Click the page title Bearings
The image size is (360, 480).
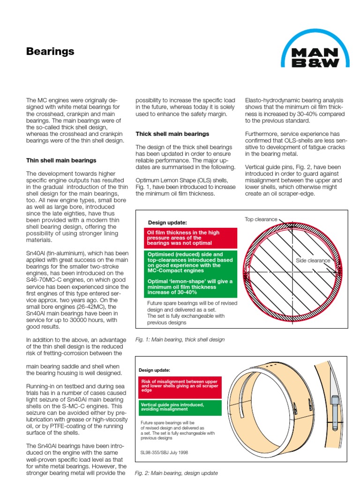(50, 52)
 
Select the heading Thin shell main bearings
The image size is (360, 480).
(61, 160)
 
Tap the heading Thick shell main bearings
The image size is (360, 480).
(172, 134)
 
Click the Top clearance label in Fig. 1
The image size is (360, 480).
(261, 219)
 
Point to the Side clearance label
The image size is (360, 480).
(313, 260)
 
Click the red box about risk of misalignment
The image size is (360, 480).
(179, 386)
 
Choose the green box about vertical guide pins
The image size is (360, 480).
(179, 406)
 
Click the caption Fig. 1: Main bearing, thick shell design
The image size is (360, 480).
(180, 339)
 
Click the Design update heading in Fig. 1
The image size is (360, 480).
(167, 222)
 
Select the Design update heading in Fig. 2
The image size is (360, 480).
(155, 370)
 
